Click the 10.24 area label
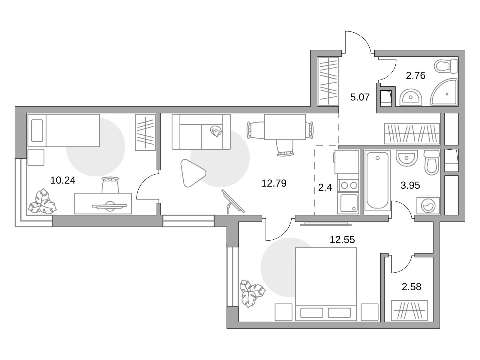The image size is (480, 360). coord(63,180)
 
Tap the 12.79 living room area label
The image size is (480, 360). coord(274,183)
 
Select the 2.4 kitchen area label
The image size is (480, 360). coord(325,187)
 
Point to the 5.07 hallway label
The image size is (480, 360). coord(360,97)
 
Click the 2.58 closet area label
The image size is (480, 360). coord(411,287)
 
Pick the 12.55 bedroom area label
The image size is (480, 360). coord(342,240)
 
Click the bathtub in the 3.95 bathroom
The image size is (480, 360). coord(377,180)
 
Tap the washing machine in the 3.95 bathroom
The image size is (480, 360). coord(428,205)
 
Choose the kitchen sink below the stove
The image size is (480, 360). coord(349,203)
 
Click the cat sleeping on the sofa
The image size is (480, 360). coord(216,131)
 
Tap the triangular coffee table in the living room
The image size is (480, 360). coord(192,173)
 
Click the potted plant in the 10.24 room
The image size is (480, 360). coord(42,201)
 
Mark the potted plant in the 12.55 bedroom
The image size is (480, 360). coord(252,293)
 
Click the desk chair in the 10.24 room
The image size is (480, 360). coord(110,184)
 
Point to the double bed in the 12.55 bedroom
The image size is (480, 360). coord(325,284)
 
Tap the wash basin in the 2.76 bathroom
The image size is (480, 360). coord(411,97)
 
